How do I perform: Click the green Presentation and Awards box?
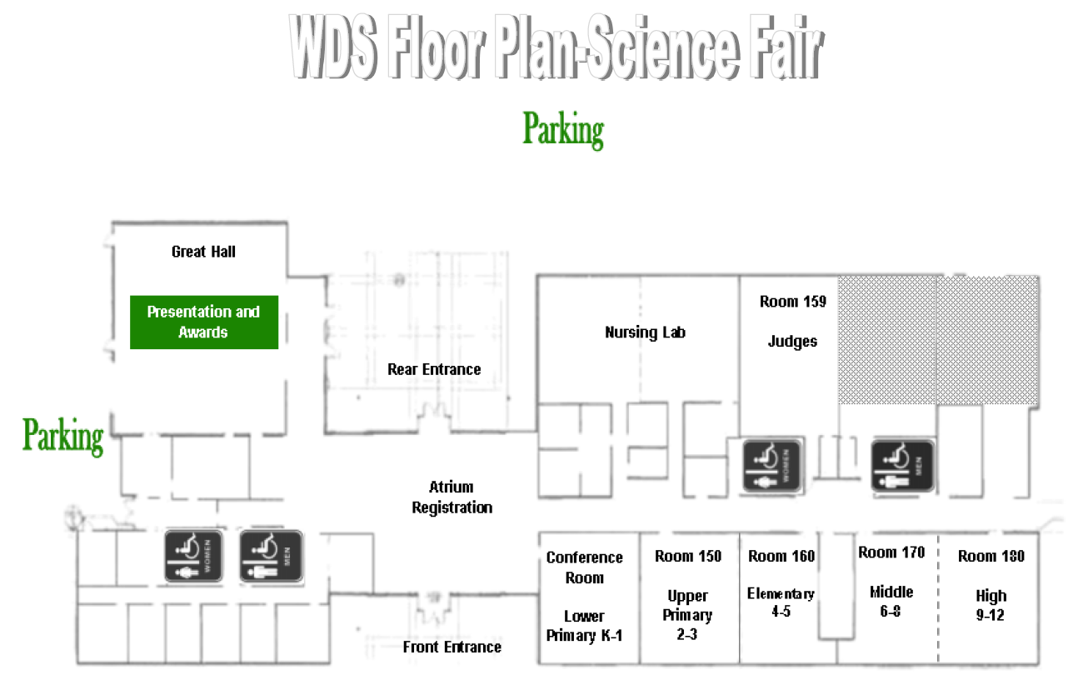203,322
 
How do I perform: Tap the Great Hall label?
203,251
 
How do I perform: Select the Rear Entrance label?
434,369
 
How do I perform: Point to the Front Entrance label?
452,647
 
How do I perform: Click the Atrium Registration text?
452,497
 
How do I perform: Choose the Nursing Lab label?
645,332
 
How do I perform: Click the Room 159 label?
792,302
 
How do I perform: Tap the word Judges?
792,341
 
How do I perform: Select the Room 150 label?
688,556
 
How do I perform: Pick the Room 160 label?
781,556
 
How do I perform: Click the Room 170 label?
891,552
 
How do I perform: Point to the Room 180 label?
991,556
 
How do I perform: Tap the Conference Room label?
584,567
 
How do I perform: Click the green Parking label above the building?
563,130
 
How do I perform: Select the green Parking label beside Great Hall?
63,435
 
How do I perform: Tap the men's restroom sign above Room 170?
902,467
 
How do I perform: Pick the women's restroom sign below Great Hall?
192,556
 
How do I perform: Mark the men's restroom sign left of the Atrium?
270,556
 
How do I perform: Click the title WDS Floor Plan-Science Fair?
556,48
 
